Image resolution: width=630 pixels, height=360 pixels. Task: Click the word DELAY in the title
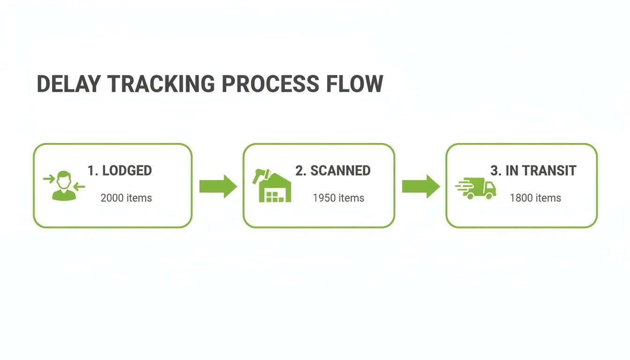pyautogui.click(x=68, y=84)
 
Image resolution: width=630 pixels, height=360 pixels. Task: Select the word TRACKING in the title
pyautogui.click(x=161, y=84)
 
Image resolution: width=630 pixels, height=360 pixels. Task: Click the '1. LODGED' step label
pyautogui.click(x=120, y=171)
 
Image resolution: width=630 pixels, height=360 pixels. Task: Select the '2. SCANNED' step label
pyautogui.click(x=333, y=171)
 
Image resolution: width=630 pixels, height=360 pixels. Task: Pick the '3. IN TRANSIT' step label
pyautogui.click(x=533, y=171)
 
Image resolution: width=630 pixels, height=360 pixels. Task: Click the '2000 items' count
pyautogui.click(x=126, y=198)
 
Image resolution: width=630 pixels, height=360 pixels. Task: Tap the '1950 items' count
pyautogui.click(x=338, y=198)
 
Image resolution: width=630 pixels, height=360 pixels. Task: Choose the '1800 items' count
pyautogui.click(x=535, y=198)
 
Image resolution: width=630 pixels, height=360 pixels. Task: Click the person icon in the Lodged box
pyautogui.click(x=64, y=186)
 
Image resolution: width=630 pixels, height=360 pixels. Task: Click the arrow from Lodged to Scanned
pyautogui.click(x=218, y=186)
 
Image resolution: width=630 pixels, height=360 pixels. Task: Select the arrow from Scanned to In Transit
pyautogui.click(x=421, y=186)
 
